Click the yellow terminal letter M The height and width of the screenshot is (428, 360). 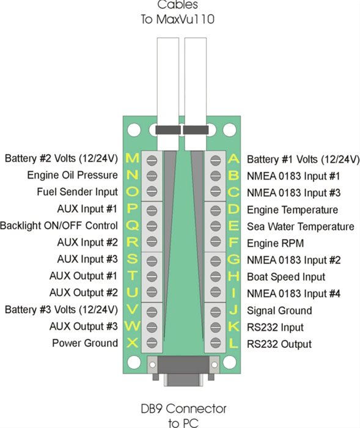(133, 158)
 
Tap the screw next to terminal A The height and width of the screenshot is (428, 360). (216, 160)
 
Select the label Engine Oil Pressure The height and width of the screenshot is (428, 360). (72, 175)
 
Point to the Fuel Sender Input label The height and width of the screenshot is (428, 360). (77, 192)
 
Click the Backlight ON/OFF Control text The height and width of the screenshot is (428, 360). (59, 226)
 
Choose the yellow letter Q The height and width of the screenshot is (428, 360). (133, 226)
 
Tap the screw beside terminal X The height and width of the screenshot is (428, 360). (152, 342)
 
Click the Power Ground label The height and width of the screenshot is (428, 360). (85, 343)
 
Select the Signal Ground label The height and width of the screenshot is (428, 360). (279, 311)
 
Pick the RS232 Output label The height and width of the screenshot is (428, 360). (279, 344)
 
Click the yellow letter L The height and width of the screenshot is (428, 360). (233, 344)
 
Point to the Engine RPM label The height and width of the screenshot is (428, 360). (275, 243)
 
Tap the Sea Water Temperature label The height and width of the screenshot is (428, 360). (301, 227)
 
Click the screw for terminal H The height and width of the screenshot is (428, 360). (216, 276)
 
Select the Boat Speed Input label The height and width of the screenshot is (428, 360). (286, 277)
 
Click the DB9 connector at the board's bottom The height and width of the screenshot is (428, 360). (183, 371)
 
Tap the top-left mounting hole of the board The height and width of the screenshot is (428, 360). (134, 130)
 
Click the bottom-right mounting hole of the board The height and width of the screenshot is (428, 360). (230, 362)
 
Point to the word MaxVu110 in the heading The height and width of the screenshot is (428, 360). (185, 19)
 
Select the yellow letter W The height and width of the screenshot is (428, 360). (133, 326)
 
